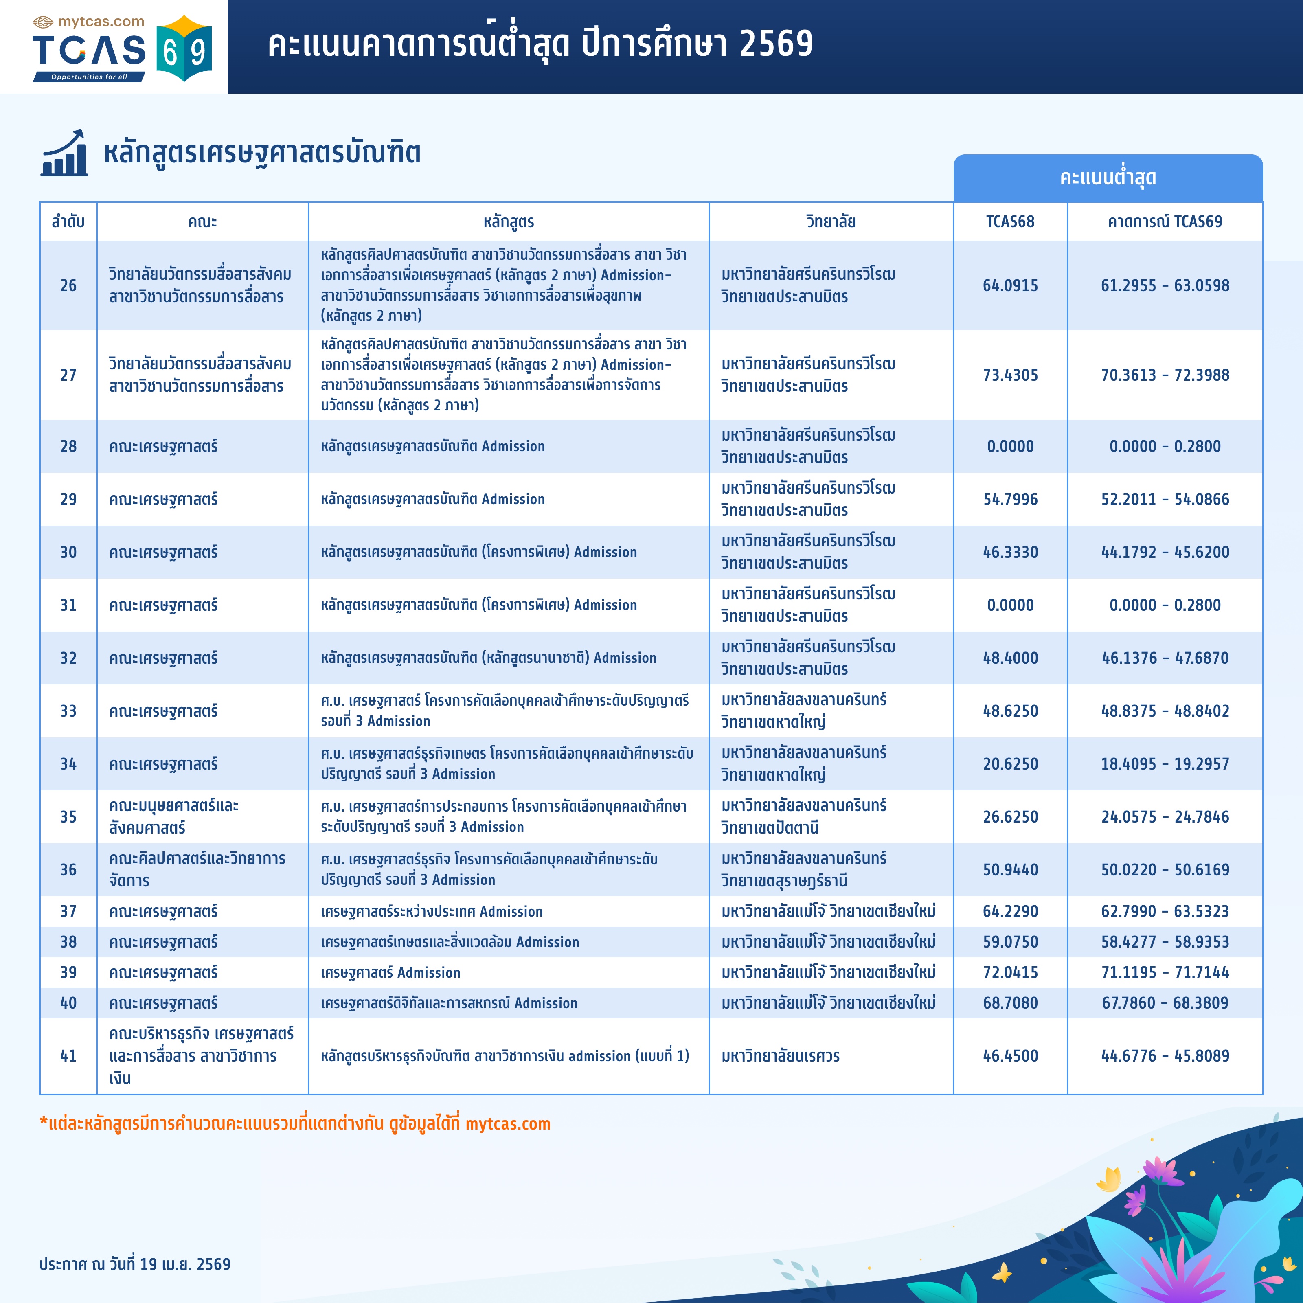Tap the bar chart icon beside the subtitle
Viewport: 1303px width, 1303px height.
(x=64, y=154)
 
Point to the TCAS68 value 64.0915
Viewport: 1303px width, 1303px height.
(x=1010, y=285)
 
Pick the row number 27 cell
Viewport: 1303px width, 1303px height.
(x=68, y=375)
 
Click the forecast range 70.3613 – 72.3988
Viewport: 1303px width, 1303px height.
(x=1165, y=375)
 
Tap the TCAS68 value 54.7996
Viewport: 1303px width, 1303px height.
(x=1010, y=499)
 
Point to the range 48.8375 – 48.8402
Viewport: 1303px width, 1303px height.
(x=1165, y=711)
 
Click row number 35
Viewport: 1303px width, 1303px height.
(x=68, y=817)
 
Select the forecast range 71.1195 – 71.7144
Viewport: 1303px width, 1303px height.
(x=1165, y=972)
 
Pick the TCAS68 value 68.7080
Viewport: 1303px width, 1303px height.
(x=1010, y=1003)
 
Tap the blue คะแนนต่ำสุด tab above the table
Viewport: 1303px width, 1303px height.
(x=1108, y=178)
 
